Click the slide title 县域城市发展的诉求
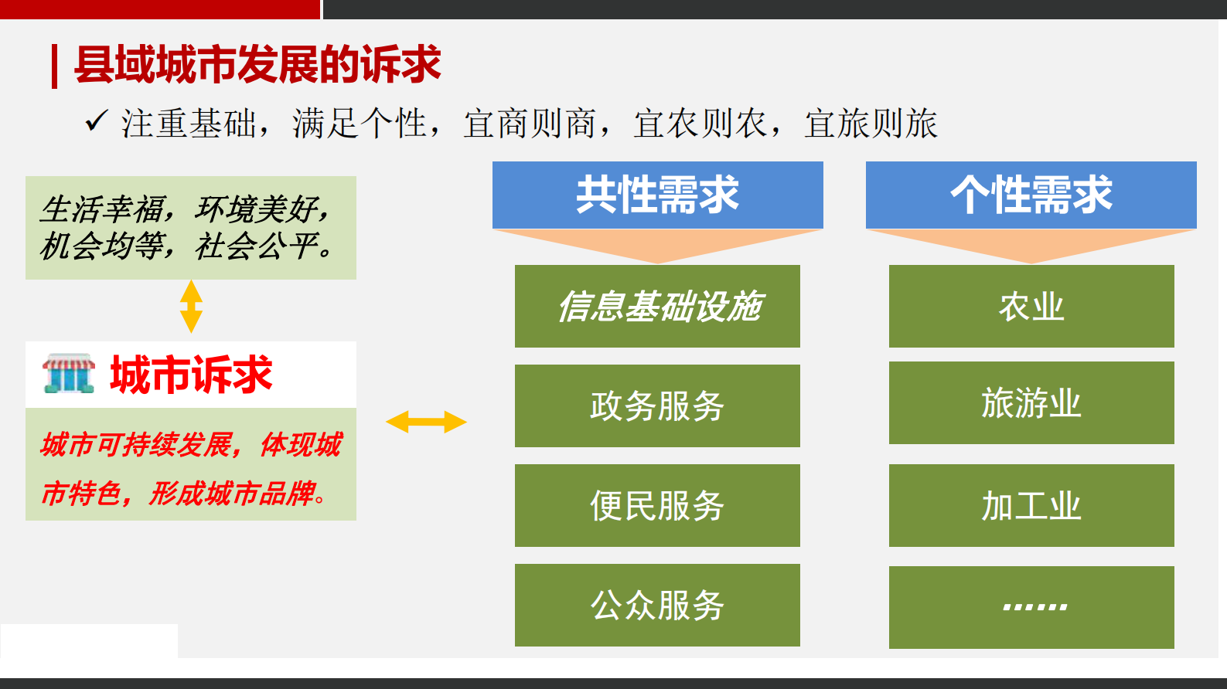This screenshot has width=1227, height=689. pos(257,64)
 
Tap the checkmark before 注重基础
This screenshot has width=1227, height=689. pos(96,121)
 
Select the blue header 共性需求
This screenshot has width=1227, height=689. pos(657,195)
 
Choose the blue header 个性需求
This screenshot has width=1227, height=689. pos(1031,195)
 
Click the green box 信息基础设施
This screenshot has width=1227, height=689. pos(657,306)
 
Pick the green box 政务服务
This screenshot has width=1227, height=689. pos(657,406)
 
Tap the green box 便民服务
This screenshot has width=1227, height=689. pos(657,505)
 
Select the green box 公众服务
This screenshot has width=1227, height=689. pos(657,605)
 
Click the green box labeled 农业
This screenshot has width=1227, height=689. pos(1031,306)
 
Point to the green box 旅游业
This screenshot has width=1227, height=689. pos(1031,402)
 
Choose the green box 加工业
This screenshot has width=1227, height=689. pos(1031,505)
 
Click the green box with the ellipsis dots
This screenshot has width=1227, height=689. pos(1031,607)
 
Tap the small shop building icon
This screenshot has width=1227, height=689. pos(69,374)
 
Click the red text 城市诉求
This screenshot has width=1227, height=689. pos(191,375)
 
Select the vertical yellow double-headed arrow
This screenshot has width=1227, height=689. pos(191,306)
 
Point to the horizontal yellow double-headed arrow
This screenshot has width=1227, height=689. pos(426,422)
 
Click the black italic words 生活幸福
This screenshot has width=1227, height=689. pos(102,209)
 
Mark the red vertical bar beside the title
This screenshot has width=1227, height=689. pos(54,66)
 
